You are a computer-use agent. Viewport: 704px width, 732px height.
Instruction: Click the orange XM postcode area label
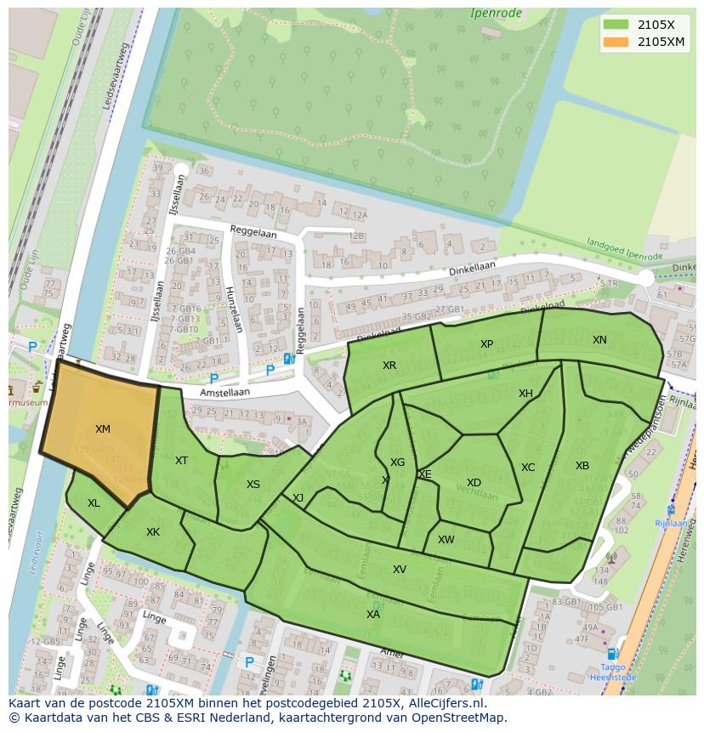tap(103, 429)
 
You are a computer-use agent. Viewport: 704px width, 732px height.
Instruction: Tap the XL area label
tap(94, 503)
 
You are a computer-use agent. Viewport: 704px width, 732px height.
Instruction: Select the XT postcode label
tap(181, 461)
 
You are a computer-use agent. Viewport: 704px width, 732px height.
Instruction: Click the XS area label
tap(253, 485)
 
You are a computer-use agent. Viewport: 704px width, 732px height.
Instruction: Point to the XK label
tap(153, 532)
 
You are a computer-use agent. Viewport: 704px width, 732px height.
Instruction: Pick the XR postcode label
tap(389, 365)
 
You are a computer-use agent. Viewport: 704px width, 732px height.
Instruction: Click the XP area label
tap(486, 344)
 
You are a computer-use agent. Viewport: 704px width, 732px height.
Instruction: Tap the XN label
tap(599, 340)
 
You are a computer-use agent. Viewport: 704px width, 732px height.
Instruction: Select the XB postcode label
tap(582, 466)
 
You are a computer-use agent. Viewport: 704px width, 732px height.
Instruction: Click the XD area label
tap(474, 483)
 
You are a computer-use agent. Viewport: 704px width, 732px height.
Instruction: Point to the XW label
tap(446, 540)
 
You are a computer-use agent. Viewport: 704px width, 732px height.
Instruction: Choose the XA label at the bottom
tap(373, 614)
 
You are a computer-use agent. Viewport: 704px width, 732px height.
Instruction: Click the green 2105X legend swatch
tap(616, 25)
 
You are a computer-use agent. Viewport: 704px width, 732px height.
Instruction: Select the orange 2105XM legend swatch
tap(616, 42)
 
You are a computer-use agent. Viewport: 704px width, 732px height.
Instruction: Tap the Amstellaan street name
tap(225, 394)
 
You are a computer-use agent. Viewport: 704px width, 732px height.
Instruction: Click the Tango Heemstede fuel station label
tap(612, 672)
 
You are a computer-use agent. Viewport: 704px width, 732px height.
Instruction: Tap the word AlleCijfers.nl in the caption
tap(441, 703)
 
